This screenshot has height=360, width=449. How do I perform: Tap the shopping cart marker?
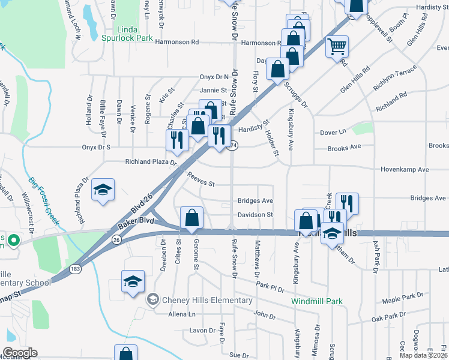[337, 46]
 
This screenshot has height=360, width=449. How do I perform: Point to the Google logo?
[20, 352]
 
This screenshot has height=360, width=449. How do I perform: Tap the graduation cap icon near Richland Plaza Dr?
[103, 190]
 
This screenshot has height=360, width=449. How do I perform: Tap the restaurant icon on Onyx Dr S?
[176, 140]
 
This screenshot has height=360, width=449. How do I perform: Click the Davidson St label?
[255, 214]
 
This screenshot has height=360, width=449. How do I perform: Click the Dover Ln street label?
[333, 132]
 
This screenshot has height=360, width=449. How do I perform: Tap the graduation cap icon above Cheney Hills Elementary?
[133, 280]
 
